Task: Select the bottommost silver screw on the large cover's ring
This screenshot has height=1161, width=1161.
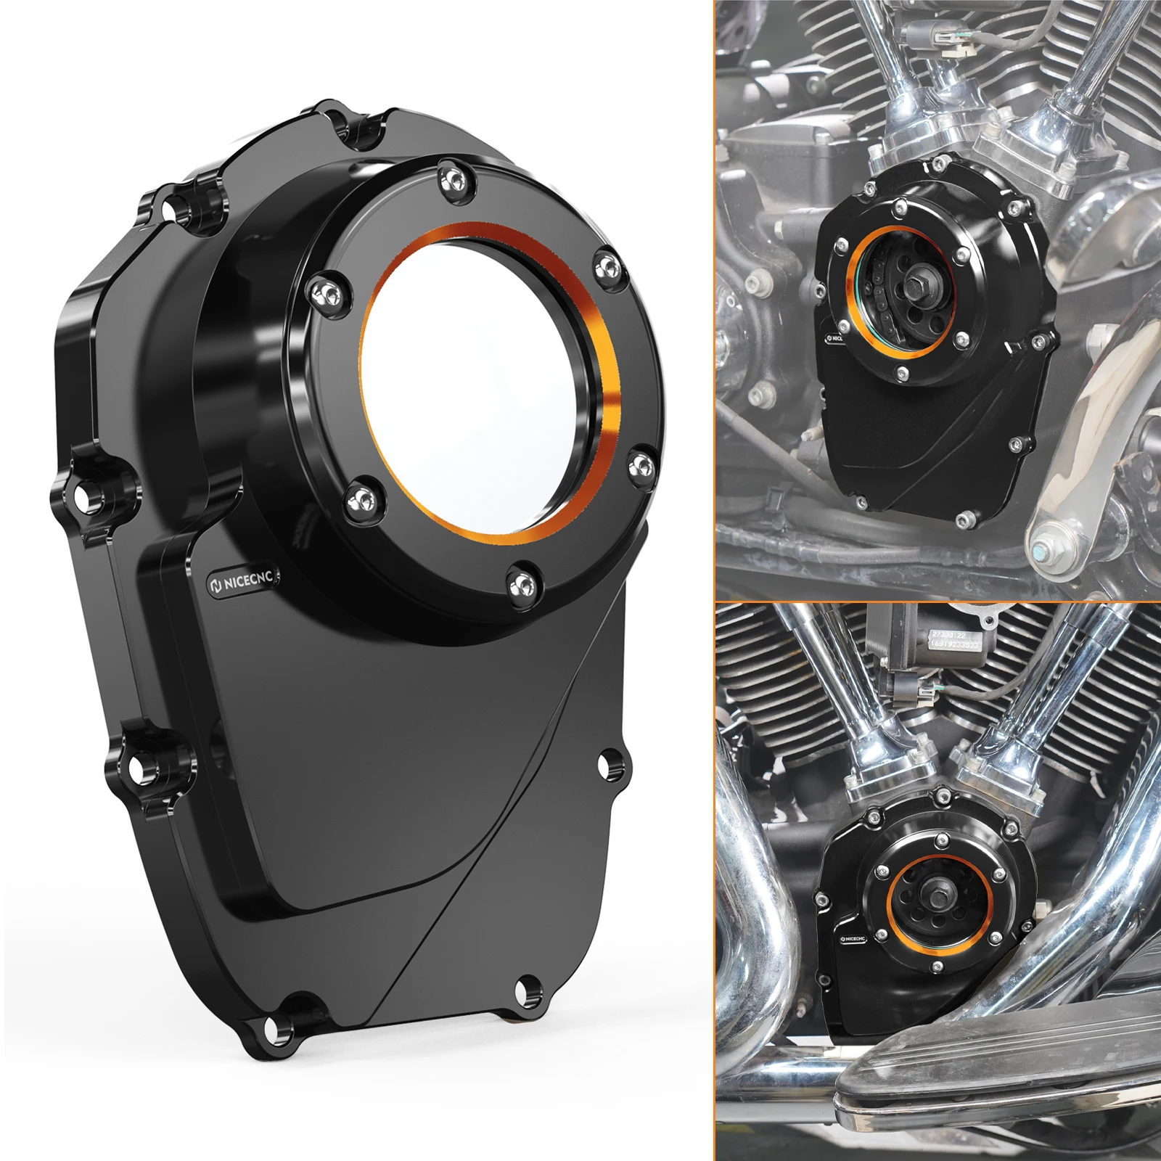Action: click(524, 581)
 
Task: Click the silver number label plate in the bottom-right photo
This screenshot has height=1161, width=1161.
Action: click(956, 640)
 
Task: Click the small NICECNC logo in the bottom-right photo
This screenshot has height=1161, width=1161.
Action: click(853, 938)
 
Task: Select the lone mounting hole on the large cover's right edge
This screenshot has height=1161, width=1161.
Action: click(608, 762)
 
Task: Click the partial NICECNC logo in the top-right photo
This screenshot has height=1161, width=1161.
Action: click(834, 337)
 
